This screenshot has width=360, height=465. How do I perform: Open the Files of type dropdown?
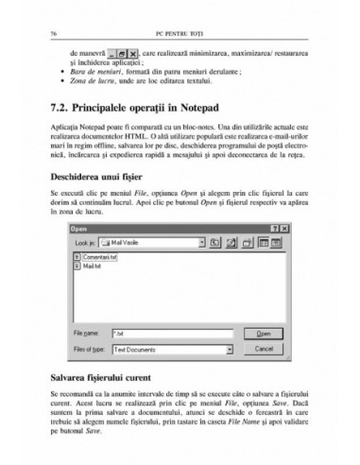(x=175, y=349)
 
